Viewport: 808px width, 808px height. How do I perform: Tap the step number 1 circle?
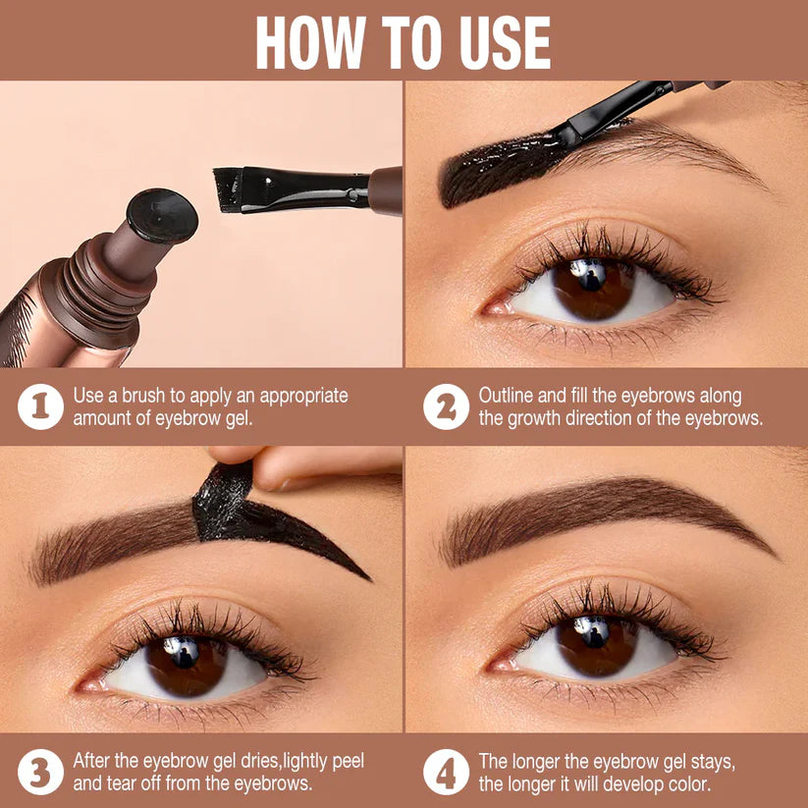coord(40,406)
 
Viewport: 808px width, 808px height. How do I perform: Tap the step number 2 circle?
coord(446,406)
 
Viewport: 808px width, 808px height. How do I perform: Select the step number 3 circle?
coord(40,772)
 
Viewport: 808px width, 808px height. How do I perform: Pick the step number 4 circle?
coord(446,772)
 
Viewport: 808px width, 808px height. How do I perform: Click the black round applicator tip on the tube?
coord(162,215)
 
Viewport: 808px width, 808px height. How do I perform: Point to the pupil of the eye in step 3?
coord(185,659)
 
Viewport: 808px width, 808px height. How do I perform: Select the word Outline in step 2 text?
coord(508,396)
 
